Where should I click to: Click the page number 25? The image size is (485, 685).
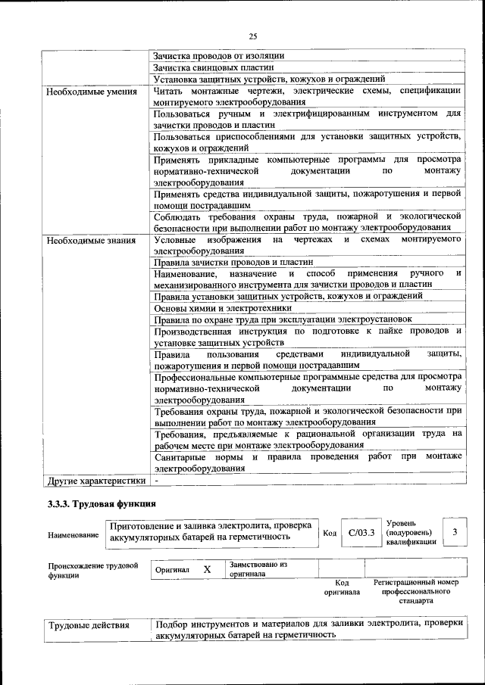(x=252, y=35)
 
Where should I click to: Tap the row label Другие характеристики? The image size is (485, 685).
(x=95, y=481)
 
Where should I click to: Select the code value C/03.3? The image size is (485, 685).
(x=361, y=532)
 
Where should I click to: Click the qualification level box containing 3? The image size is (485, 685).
(x=455, y=532)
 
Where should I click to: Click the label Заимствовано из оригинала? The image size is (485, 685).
(x=258, y=569)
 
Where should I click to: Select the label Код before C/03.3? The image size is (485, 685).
(x=330, y=533)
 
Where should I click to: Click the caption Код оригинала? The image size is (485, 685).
(x=341, y=587)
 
